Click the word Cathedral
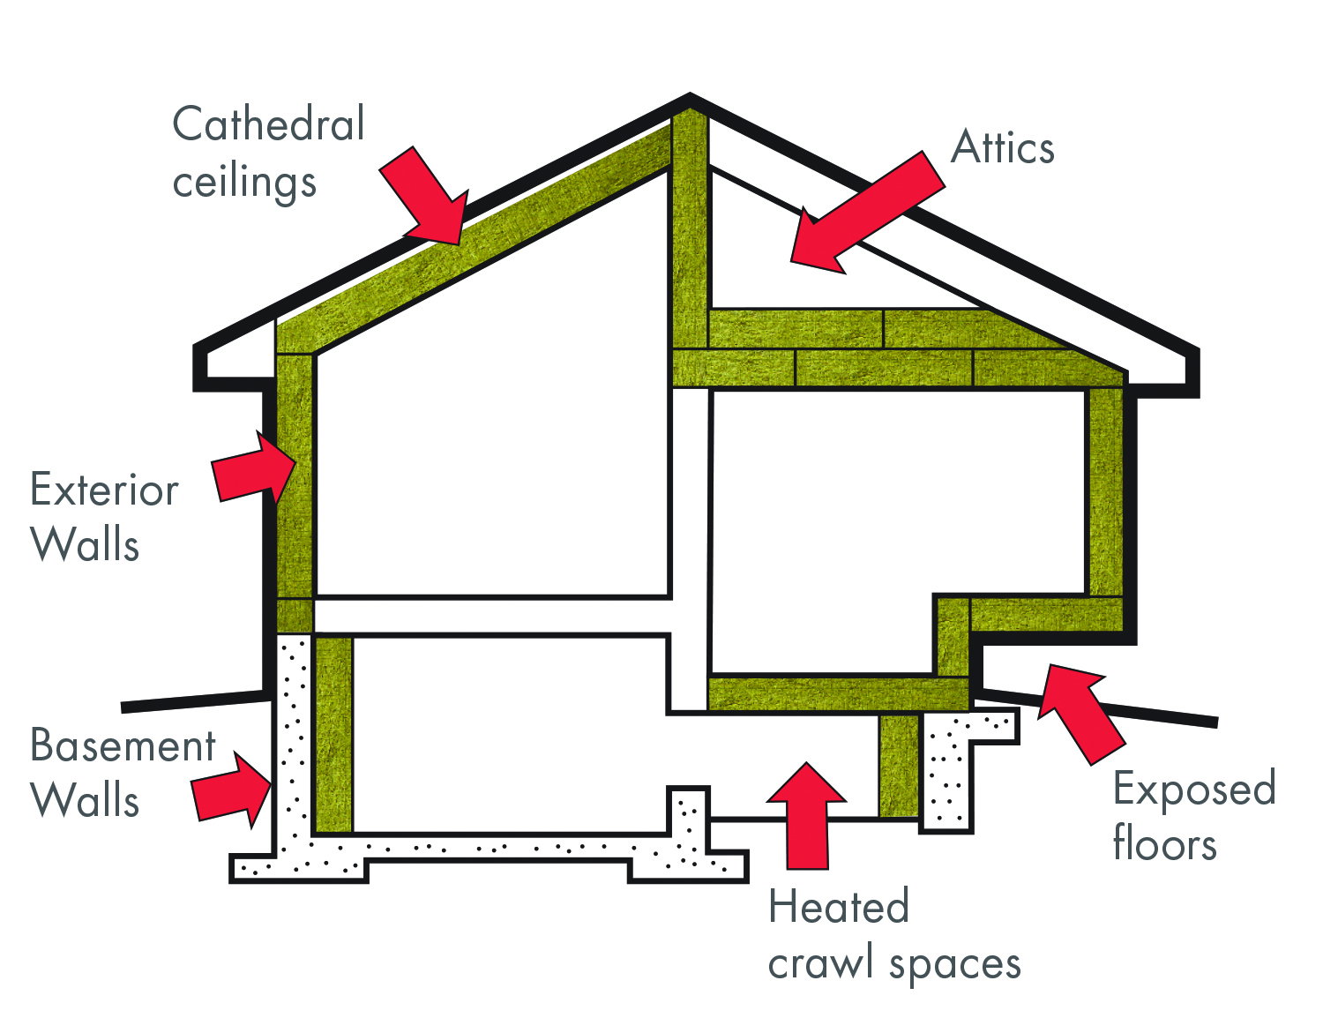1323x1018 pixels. [x=268, y=124]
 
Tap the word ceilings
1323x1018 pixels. [x=244, y=183]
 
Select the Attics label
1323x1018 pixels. [x=1003, y=148]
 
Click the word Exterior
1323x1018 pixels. [x=104, y=490]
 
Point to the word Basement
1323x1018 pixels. [x=123, y=746]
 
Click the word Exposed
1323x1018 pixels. [x=1194, y=790]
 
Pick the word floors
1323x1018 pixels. [x=1164, y=843]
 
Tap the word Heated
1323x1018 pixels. [x=838, y=907]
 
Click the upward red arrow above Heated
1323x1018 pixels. [x=806, y=812]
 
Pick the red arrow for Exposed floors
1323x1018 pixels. [x=1076, y=711]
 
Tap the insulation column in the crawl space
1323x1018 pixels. [x=899, y=765]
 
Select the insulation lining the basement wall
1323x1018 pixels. [x=333, y=733]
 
